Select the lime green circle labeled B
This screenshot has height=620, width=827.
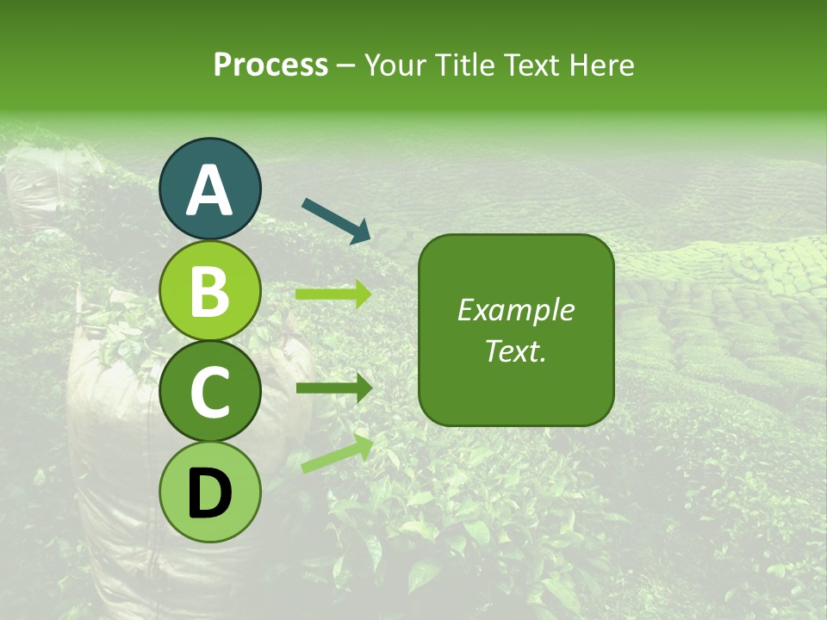click(210, 290)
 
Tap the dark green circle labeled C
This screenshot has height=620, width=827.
click(210, 391)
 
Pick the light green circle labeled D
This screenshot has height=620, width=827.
click(210, 493)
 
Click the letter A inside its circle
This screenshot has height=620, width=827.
click(210, 190)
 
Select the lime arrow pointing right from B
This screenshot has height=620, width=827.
click(333, 294)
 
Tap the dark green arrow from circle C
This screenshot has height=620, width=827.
click(333, 388)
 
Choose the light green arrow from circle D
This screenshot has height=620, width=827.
click(337, 454)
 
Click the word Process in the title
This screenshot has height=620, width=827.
click(270, 65)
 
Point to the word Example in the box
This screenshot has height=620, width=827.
click(515, 310)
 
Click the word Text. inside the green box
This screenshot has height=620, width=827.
click(515, 351)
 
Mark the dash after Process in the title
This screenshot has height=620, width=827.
click(346, 66)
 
